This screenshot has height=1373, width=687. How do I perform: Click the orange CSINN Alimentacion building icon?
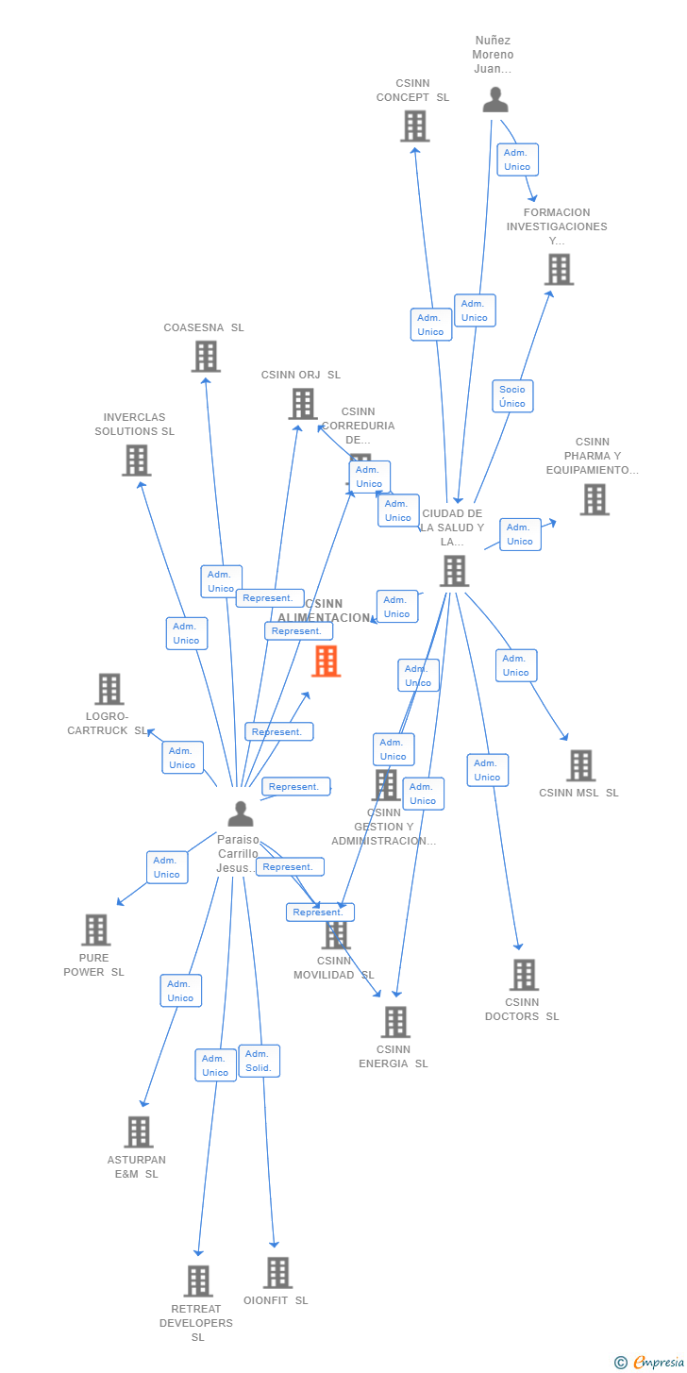coord(326,661)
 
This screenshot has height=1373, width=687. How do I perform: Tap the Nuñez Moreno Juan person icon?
coord(494,99)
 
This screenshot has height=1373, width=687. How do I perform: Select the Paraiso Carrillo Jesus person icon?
coord(241,813)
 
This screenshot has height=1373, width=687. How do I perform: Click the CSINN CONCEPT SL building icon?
coord(414,126)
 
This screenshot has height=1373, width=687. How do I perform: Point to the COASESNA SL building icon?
coord(206,357)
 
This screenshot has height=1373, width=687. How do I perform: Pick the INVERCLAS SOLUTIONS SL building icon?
coord(137,460)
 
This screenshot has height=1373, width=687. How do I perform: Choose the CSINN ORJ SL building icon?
coord(302,404)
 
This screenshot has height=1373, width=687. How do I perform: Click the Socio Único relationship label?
coord(513,396)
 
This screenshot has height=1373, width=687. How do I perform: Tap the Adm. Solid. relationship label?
coord(259,1061)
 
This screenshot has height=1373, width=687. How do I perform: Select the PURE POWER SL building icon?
coord(95,930)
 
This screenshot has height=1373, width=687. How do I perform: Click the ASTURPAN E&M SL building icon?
coord(138,1132)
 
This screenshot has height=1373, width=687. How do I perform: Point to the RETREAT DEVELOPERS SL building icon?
coord(197,1281)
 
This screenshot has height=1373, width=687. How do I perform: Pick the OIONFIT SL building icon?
coord(277,1273)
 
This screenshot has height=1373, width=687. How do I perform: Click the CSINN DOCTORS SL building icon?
coord(523,976)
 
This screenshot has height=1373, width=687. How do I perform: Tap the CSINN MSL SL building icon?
coord(580,765)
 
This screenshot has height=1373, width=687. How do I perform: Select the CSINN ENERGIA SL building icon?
coord(395,1022)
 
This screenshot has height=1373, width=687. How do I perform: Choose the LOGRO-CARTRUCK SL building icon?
coord(109,690)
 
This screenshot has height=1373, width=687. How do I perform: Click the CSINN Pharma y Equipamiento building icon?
coord(594,500)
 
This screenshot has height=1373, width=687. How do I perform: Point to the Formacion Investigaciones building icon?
coord(559,270)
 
